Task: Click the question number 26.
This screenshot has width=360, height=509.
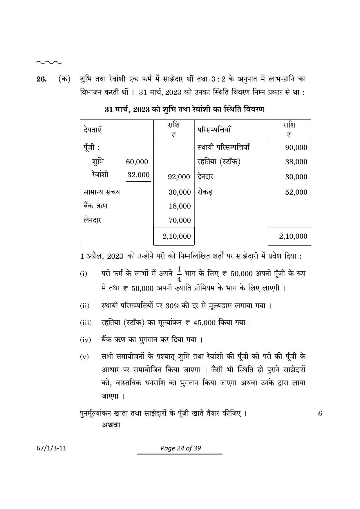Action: [x=41, y=79]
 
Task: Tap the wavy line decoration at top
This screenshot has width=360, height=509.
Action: [x=49, y=62]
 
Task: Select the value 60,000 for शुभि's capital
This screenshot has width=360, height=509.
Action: [x=137, y=162]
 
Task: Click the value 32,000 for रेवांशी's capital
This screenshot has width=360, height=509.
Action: [x=138, y=175]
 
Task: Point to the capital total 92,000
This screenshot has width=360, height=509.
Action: [x=179, y=177]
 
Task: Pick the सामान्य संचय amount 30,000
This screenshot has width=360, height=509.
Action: [x=180, y=192]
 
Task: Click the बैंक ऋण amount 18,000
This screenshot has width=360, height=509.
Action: [x=180, y=206]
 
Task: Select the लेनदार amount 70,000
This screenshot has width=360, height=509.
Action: [x=180, y=220]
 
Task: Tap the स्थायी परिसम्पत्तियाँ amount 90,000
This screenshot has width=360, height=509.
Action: [x=296, y=148]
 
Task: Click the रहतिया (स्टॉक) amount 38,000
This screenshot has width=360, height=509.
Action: [x=296, y=162]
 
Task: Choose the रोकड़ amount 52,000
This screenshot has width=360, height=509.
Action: [x=296, y=192]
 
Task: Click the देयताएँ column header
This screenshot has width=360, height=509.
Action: [x=92, y=130]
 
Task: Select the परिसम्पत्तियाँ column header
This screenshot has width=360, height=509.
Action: [x=214, y=130]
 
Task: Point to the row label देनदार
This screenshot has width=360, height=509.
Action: [x=205, y=177]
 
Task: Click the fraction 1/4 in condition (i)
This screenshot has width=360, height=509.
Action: [x=179, y=274]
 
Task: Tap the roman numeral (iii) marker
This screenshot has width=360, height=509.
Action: [x=86, y=323]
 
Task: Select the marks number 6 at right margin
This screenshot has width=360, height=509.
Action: [x=320, y=414]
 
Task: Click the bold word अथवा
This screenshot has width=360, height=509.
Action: [x=111, y=425]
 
